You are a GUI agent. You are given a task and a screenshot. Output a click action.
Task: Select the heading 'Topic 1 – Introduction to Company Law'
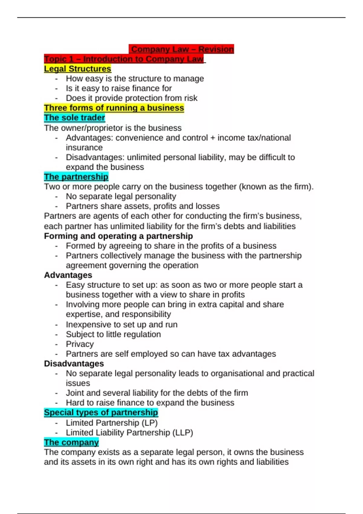(x=124, y=59)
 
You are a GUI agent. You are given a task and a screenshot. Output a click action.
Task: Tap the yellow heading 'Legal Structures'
(x=77, y=69)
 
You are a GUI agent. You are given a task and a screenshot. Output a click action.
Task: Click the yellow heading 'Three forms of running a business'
(x=114, y=108)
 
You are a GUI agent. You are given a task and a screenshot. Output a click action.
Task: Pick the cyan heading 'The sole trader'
(x=74, y=118)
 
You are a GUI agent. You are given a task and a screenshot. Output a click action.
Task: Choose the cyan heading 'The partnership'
(x=76, y=177)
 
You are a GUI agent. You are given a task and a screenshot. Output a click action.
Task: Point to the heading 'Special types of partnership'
(x=101, y=412)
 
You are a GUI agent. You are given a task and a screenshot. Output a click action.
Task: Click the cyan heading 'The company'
(x=71, y=442)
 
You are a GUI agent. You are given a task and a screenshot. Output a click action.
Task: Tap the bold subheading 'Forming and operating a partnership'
(x=118, y=236)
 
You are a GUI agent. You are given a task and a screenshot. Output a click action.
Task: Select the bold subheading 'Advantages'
(x=68, y=275)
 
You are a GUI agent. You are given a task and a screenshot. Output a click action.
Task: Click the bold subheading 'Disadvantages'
(x=74, y=363)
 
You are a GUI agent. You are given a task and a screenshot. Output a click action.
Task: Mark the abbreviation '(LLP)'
(x=182, y=433)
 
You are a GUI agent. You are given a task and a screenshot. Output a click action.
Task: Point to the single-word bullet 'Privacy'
(x=80, y=344)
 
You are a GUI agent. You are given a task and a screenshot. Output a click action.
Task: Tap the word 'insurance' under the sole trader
(x=84, y=148)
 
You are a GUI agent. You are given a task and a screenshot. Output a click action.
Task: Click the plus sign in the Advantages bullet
(x=213, y=138)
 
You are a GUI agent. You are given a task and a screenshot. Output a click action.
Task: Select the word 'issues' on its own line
(x=78, y=383)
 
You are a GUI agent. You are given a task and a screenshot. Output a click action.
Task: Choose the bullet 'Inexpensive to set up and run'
(x=122, y=324)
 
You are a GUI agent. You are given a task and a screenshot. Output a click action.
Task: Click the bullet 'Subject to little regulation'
(x=113, y=334)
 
